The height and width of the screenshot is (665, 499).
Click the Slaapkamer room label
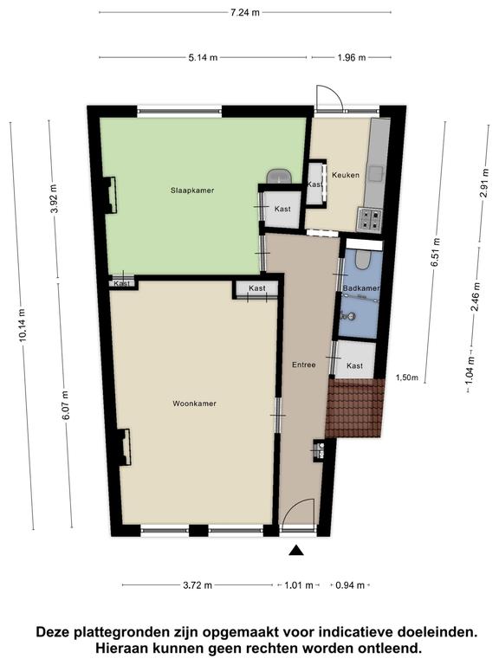(192, 190)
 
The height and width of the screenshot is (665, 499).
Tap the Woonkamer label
(194, 404)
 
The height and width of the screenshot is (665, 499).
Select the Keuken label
(346, 175)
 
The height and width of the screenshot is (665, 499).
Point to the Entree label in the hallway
(304, 365)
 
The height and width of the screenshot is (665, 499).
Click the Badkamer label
(361, 288)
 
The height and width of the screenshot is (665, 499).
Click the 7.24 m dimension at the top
(245, 12)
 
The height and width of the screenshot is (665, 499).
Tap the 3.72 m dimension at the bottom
(198, 585)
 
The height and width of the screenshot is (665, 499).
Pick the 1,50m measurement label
(406, 378)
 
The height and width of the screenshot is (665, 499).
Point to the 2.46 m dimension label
(476, 296)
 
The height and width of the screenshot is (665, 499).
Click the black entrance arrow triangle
(296, 550)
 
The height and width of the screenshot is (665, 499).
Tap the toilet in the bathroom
(362, 260)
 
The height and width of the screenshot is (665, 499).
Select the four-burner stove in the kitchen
(370, 220)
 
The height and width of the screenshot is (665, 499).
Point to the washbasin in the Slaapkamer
(279, 176)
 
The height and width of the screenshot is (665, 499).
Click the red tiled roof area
(354, 408)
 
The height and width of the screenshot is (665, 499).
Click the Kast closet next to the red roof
(354, 359)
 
